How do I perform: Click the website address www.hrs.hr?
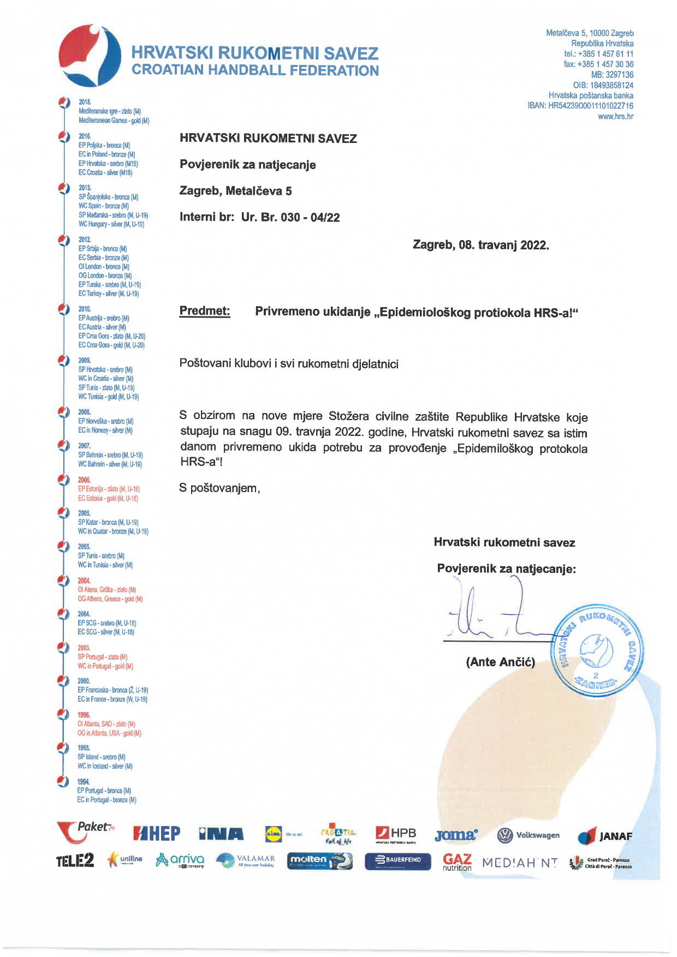(x=615, y=116)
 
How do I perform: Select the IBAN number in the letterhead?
(x=590, y=106)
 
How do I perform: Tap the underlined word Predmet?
(x=205, y=311)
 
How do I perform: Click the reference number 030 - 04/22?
(x=310, y=217)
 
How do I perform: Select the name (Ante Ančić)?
(x=500, y=662)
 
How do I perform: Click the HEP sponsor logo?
(x=157, y=834)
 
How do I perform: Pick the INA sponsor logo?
(x=221, y=834)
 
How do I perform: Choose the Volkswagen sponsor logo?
(x=528, y=835)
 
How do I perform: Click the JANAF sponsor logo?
(x=605, y=836)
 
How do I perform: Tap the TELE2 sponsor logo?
(x=75, y=861)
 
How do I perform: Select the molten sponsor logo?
(x=320, y=860)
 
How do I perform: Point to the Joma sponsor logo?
(x=456, y=835)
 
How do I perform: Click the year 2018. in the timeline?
(x=85, y=102)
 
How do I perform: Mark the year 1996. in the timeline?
(x=84, y=715)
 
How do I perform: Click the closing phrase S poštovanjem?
(x=219, y=488)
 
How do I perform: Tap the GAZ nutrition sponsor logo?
(x=457, y=862)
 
